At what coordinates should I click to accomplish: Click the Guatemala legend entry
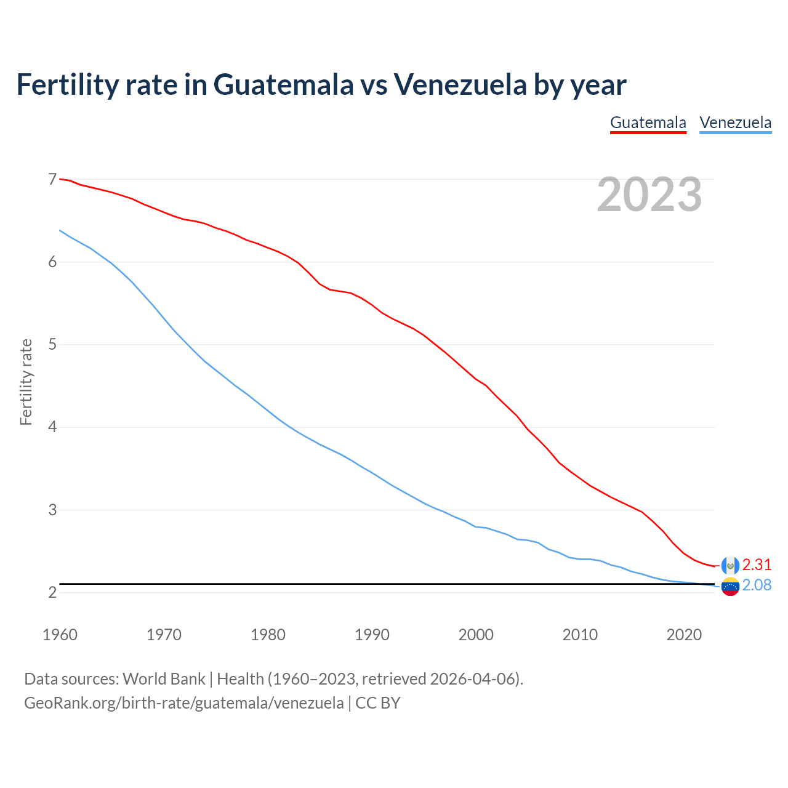click(x=648, y=123)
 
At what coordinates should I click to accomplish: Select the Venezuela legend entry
click(x=735, y=123)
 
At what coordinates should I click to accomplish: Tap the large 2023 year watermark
click(x=649, y=195)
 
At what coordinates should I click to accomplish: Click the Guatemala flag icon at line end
click(x=730, y=565)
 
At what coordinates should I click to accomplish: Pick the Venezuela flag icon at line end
click(x=730, y=587)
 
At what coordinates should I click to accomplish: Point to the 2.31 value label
click(x=757, y=565)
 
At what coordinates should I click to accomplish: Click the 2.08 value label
click(x=757, y=585)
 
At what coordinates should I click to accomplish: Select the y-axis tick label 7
click(x=52, y=180)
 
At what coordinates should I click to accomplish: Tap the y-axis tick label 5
click(x=52, y=345)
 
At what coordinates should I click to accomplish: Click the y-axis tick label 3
click(x=52, y=510)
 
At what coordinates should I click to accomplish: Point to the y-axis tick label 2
click(x=52, y=593)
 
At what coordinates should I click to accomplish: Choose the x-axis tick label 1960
click(x=60, y=635)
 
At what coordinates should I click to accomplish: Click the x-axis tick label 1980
click(x=268, y=635)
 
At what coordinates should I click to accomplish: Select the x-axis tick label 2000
click(x=476, y=635)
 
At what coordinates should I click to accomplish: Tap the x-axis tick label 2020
click(x=684, y=635)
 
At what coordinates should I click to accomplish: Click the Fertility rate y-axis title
click(x=26, y=382)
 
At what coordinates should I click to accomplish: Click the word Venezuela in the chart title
click(x=460, y=84)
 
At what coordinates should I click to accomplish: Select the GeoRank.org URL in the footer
click(x=183, y=703)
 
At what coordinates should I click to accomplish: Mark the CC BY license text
click(x=378, y=703)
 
